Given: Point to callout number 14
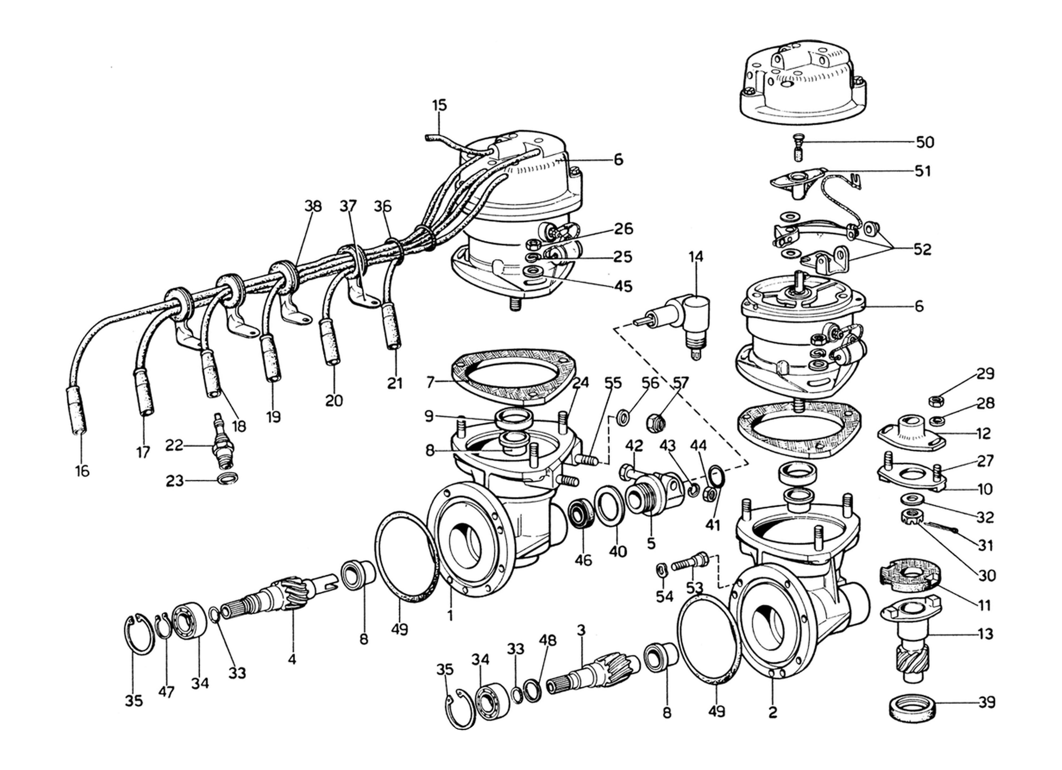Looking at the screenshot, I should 696,257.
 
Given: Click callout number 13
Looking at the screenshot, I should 986,635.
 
